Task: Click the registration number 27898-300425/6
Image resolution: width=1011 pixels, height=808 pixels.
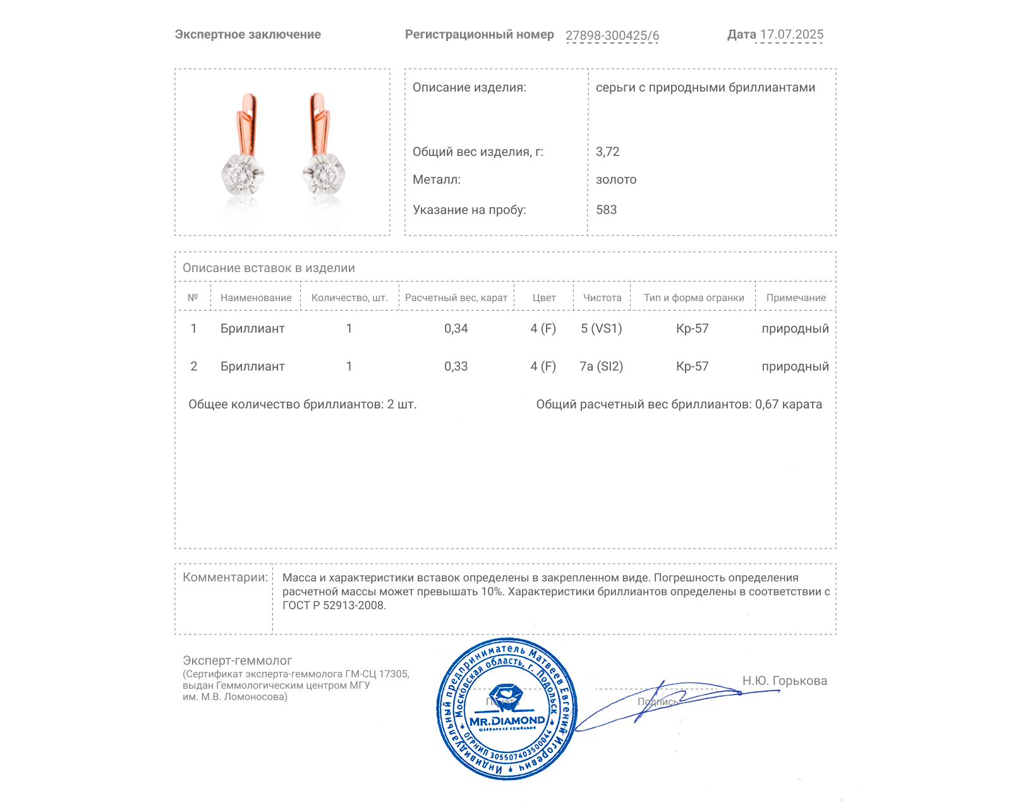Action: point(612,35)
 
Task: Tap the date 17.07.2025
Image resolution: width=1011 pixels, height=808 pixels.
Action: point(791,35)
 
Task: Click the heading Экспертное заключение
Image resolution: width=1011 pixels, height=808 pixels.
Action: point(248,35)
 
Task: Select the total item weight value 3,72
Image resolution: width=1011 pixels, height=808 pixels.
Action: point(607,151)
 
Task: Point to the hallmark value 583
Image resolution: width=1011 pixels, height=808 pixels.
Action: point(606,210)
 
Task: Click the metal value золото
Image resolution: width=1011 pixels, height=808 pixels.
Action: point(616,180)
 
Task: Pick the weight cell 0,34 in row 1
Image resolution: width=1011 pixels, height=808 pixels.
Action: point(456,328)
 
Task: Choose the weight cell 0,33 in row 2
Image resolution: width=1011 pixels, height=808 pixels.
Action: point(456,366)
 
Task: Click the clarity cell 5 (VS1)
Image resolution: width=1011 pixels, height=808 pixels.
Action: point(601,328)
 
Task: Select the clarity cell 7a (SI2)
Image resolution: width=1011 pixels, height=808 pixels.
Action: point(601,366)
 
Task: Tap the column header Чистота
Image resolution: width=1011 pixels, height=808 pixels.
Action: point(602,298)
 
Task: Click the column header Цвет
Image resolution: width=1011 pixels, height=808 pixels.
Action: point(543,298)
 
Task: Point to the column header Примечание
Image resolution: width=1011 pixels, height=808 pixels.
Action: point(796,298)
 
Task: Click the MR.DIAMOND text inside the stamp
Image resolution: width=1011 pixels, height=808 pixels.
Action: point(507,721)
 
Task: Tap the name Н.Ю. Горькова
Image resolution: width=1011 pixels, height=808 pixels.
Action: point(784,680)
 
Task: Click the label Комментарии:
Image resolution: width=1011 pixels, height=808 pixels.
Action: point(225,577)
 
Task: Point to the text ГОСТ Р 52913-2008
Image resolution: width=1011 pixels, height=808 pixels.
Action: point(334,605)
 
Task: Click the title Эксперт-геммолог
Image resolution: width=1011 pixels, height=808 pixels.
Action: point(237,660)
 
